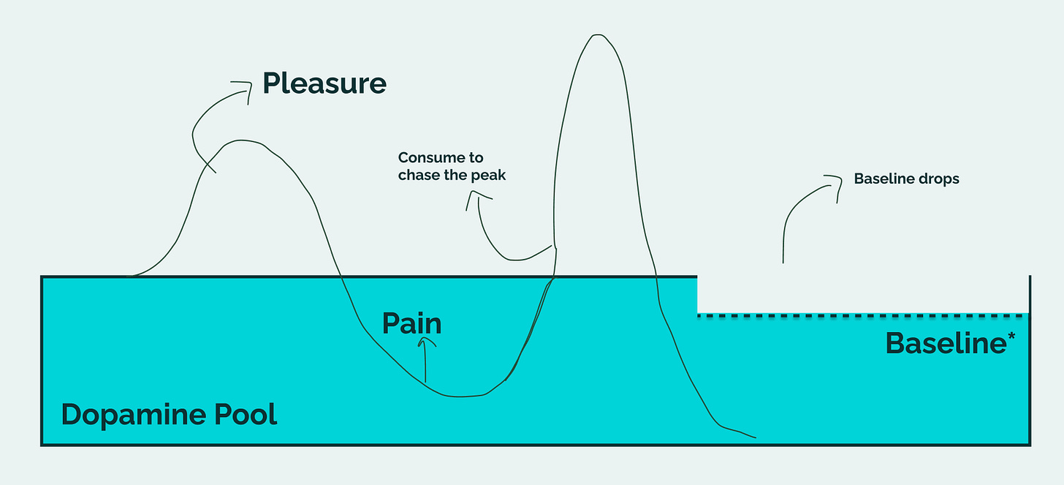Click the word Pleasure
click(x=324, y=83)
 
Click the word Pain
click(x=411, y=323)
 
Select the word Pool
click(x=245, y=415)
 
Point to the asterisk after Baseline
click(x=1011, y=337)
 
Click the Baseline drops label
click(x=906, y=178)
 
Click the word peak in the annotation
click(x=490, y=176)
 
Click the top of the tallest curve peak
click(x=598, y=34)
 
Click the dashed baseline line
click(x=862, y=315)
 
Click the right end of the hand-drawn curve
click(x=755, y=438)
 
